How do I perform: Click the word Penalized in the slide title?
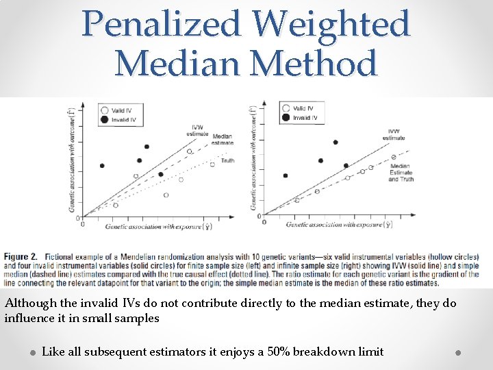[x=162, y=25]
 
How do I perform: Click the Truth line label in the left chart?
[x=227, y=160]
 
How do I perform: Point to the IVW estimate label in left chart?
[x=197, y=129]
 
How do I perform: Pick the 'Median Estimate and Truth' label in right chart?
[x=401, y=172]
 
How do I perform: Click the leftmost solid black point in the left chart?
[x=102, y=166]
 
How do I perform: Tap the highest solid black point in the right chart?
[x=336, y=143]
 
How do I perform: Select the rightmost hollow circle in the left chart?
[x=212, y=164]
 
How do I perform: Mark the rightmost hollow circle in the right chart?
[x=394, y=157]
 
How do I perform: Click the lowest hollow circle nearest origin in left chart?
[x=115, y=205]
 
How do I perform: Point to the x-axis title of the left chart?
[x=157, y=225]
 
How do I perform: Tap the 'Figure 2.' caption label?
[x=21, y=257]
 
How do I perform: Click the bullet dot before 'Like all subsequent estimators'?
[x=32, y=352]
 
